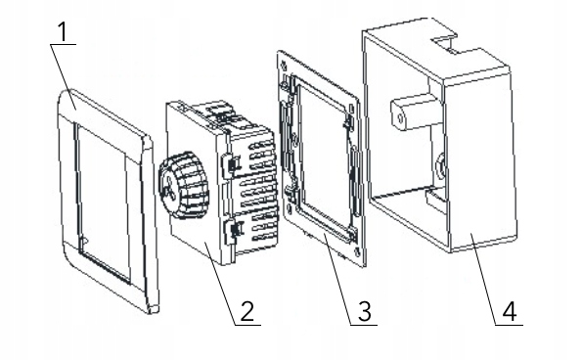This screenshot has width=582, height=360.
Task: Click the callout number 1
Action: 64,31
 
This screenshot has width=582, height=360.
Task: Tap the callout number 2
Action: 246,311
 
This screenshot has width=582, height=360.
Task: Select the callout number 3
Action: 364,311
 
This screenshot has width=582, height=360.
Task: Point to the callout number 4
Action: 510,311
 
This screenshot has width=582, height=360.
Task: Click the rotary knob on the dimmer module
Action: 184,185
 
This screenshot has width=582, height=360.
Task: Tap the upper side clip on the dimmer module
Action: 231,163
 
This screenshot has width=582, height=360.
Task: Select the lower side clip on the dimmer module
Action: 233,231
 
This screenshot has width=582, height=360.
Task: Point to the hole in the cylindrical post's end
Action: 400,118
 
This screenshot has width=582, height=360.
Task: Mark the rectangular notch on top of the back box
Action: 445,42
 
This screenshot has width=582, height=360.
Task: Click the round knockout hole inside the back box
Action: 441,164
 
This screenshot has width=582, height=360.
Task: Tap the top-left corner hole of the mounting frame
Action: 285,67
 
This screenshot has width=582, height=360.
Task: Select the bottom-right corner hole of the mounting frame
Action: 357,252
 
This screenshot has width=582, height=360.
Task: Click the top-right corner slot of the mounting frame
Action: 351,110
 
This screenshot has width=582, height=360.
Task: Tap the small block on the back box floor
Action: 435,199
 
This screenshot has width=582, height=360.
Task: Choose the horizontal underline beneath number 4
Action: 509,325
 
